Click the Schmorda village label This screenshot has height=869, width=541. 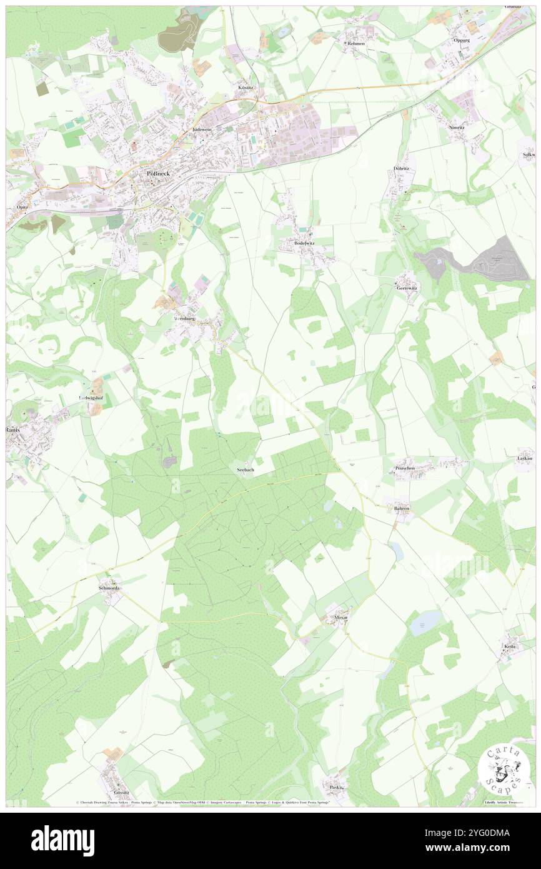[109, 588]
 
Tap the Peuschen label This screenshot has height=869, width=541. [405, 468]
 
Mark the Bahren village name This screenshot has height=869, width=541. [402, 509]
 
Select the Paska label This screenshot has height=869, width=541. [336, 787]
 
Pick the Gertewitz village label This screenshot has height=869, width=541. [407, 288]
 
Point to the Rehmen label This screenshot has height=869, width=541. [356, 44]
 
